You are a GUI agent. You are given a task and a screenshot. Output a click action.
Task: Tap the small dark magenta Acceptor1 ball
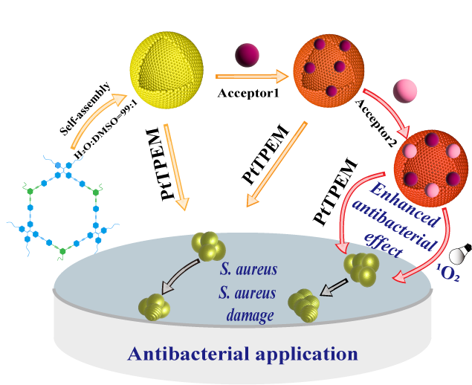click(x=246, y=55)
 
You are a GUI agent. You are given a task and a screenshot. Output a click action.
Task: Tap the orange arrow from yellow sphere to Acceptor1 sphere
click(x=250, y=76)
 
